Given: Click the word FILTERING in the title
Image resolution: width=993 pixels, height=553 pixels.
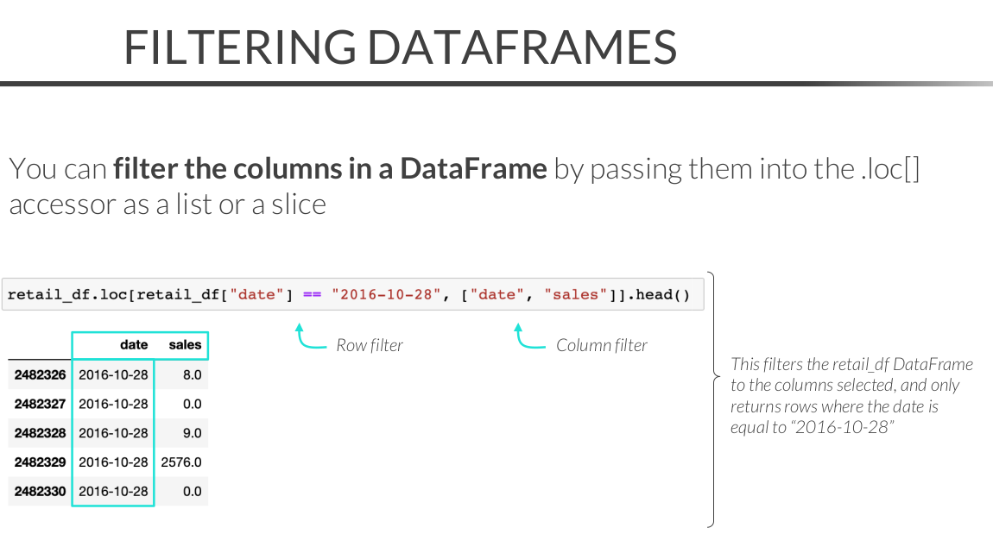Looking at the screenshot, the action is point(240,47).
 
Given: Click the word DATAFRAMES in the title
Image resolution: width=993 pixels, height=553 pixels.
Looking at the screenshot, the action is point(522,47).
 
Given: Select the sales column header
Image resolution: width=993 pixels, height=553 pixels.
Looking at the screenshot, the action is point(185,345).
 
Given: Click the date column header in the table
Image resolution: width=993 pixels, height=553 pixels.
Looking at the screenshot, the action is point(134,345).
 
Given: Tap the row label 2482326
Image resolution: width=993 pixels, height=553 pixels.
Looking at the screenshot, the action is point(40,374).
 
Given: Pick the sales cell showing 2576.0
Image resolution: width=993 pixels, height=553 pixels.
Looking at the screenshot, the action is point(181,462).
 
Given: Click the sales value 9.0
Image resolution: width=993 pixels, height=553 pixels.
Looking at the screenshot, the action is point(192,433).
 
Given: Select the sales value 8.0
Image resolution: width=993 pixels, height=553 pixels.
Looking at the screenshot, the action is point(192,374).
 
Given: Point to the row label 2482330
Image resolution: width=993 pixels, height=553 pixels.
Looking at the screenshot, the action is point(40,491).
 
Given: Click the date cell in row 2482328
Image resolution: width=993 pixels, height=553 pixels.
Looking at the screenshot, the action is point(113,433).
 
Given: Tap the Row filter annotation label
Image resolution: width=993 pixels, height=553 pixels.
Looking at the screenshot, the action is point(370,345).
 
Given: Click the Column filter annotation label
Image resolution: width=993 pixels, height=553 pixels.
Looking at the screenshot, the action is point(602,345).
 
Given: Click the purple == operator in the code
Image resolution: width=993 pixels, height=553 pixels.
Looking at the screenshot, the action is point(313,295).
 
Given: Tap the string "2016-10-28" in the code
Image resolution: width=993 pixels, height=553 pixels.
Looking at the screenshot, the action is point(386,295).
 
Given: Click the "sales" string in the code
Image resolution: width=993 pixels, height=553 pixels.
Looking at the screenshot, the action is point(576,295).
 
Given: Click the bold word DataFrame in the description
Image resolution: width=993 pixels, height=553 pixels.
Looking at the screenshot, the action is point(473,169).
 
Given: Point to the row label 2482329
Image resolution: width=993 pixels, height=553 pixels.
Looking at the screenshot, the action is point(40,462).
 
